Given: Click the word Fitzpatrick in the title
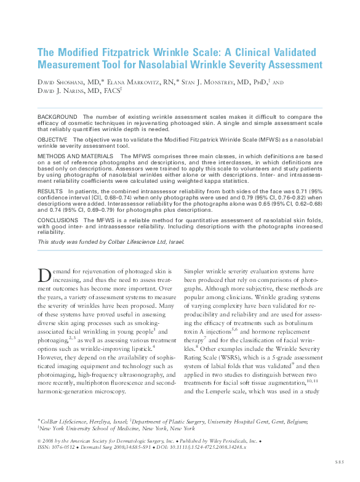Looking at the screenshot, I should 123,52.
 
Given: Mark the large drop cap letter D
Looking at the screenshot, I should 44,275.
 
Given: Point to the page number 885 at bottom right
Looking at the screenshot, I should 340,461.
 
